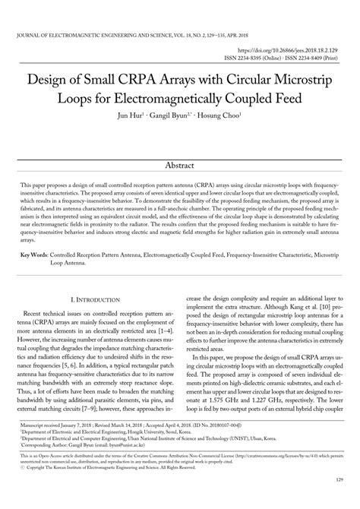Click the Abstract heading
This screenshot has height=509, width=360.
(x=180, y=165)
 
